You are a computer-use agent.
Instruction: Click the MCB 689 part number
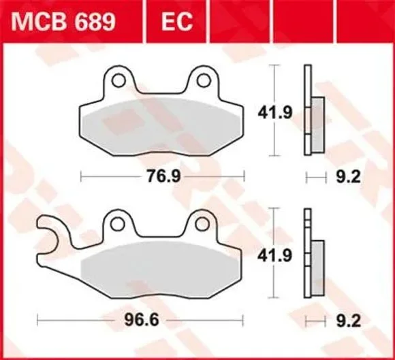(x=63, y=22)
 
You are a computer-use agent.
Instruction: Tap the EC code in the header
(x=177, y=22)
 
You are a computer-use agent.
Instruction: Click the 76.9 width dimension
(x=163, y=176)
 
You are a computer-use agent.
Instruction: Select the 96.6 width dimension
(x=142, y=320)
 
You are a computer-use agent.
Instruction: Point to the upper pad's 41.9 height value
(x=275, y=112)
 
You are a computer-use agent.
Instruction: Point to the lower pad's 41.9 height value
(x=274, y=255)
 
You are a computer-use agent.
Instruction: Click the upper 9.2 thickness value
(x=349, y=177)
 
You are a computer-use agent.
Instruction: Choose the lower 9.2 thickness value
(x=349, y=321)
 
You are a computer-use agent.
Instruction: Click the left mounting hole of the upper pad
(x=118, y=80)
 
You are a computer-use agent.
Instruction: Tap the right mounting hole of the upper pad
(x=204, y=80)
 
